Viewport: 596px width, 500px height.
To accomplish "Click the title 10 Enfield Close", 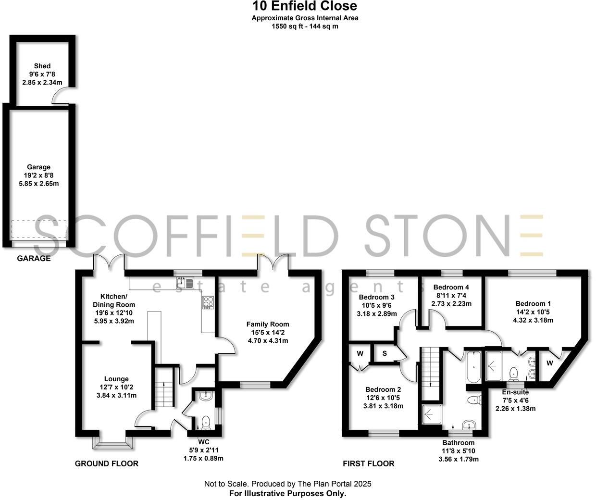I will pyautogui.click(x=305, y=6).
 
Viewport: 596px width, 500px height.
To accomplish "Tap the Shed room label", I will pyautogui.click(x=42, y=66).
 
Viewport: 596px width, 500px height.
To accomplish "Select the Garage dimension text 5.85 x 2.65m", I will pyautogui.click(x=39, y=184).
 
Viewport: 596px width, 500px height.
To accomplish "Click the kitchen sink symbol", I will pyautogui.click(x=184, y=283).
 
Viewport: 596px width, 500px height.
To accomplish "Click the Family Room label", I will pyautogui.click(x=268, y=324).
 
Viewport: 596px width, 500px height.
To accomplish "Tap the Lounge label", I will pyautogui.click(x=116, y=379).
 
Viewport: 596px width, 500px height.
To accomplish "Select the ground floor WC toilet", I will pyautogui.click(x=206, y=422).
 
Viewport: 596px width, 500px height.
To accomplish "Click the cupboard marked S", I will pyautogui.click(x=385, y=354).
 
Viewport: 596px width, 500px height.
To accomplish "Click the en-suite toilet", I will pyautogui.click(x=513, y=373).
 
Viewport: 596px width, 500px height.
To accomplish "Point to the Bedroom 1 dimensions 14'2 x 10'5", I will pyautogui.click(x=533, y=312).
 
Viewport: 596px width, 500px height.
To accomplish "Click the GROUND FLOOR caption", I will pyautogui.click(x=106, y=463).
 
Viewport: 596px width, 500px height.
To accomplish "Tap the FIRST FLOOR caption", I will pyautogui.click(x=368, y=463).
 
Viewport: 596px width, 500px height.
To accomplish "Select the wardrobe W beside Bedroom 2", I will pyautogui.click(x=360, y=354).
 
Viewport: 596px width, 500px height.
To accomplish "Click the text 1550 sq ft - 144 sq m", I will pyautogui.click(x=305, y=26).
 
